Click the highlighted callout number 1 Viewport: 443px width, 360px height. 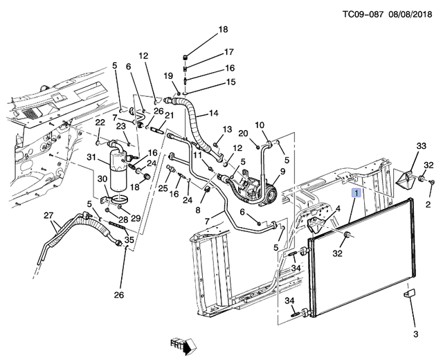pos(356,194)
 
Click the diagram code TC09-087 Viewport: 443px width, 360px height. pos(363,14)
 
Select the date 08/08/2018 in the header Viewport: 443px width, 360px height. pos(410,14)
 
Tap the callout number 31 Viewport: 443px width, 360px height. pos(91,157)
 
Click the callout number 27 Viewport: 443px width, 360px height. pos(48,216)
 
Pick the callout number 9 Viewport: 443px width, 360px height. pos(282,171)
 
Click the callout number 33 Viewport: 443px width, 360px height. pos(421,146)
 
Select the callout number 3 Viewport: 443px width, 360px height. pos(415,334)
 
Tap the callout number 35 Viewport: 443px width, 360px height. pos(129,240)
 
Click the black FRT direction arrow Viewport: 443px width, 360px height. pos(187,348)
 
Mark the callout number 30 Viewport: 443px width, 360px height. pos(102,179)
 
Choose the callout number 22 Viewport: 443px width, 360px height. pos(100,123)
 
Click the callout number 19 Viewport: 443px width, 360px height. pos(168,75)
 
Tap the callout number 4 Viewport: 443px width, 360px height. pos(338,209)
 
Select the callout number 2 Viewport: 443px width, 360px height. pos(428,204)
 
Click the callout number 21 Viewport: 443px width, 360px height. pos(169,116)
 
